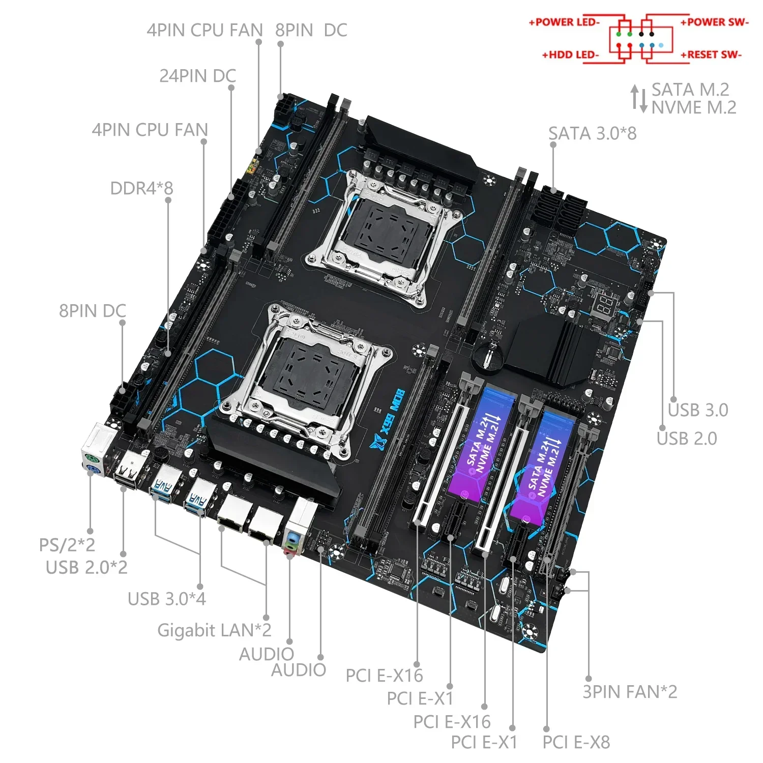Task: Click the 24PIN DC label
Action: (197, 76)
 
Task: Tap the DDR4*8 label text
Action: (141, 188)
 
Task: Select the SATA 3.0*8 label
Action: (592, 133)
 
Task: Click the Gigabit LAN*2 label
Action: (214, 630)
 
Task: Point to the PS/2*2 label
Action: (67, 545)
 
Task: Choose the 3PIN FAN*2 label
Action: (630, 692)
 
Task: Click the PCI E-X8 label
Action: (576, 742)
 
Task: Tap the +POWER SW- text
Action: (714, 22)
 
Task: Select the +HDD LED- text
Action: (571, 54)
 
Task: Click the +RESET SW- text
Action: (711, 54)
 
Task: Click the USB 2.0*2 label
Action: (86, 567)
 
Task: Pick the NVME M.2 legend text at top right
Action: (694, 107)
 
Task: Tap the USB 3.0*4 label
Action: (166, 599)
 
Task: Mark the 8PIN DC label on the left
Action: (92, 311)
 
